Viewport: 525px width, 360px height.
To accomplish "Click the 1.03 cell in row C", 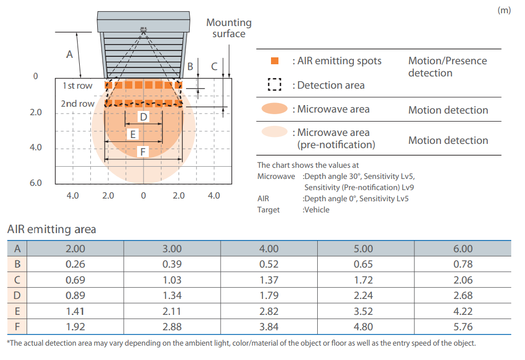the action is (172, 280).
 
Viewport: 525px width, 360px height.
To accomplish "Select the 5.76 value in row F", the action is (463, 327).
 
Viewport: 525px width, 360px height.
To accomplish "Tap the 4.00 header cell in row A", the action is (269, 248).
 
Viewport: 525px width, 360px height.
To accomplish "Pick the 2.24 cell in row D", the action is (363, 295).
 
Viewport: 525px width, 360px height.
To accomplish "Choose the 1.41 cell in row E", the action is (75, 311).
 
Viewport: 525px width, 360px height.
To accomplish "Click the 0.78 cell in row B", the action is (463, 264).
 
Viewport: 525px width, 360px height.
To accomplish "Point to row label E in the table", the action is (17, 311).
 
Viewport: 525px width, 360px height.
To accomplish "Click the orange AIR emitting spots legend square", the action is (275, 61).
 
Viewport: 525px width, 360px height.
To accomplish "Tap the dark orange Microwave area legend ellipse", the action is (275, 108).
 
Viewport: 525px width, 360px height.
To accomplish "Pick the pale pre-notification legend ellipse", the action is (275, 132).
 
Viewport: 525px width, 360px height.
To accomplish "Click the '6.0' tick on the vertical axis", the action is (36, 183).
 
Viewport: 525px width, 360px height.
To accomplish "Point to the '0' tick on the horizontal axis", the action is (143, 195).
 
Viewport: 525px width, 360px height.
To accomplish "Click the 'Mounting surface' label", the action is (229, 28).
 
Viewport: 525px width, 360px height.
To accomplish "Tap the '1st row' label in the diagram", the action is (78, 85).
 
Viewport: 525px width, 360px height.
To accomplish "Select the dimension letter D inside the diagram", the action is (143, 117).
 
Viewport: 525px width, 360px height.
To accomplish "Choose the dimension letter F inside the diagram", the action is (143, 152).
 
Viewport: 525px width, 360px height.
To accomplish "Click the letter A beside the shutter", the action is (69, 54).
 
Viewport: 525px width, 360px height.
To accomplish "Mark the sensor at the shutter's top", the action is (143, 29).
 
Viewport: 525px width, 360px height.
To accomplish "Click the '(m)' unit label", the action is (504, 10).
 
